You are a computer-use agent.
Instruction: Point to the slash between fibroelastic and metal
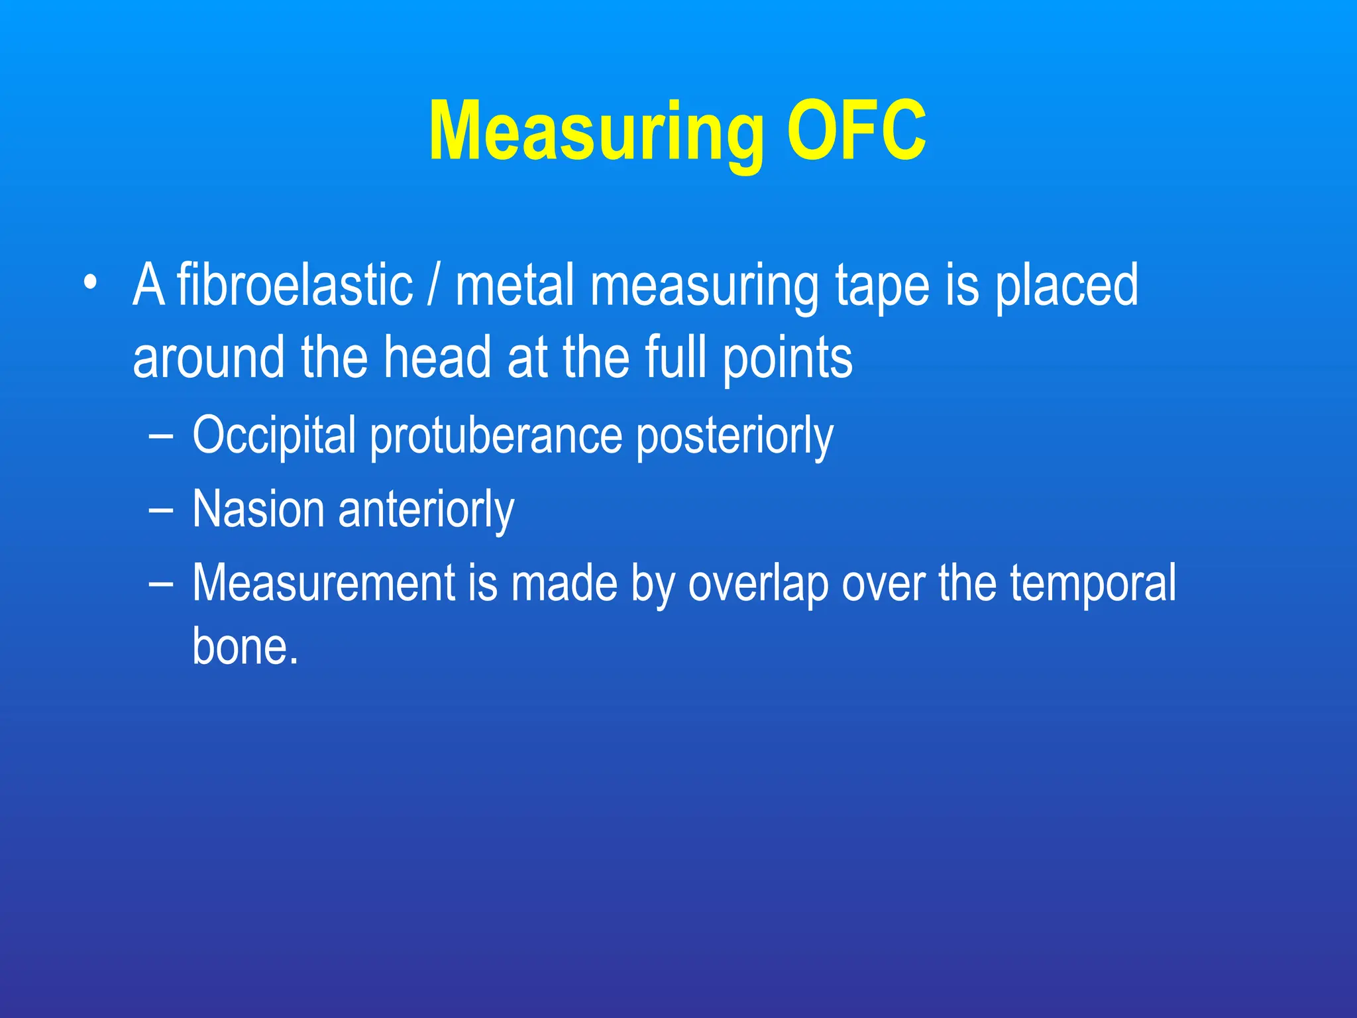coord(433,286)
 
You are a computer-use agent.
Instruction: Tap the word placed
coord(1067,286)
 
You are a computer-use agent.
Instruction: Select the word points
coord(787,359)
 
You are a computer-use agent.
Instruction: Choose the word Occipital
coord(274,436)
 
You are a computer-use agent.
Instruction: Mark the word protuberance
coord(496,436)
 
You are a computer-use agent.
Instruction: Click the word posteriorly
coord(734,436)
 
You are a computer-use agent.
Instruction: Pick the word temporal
coord(1093,583)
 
